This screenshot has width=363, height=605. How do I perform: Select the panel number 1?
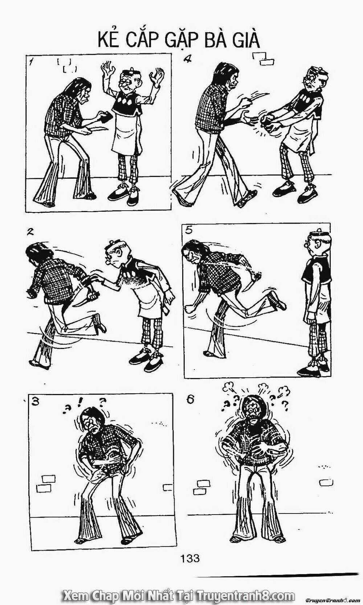click(32, 62)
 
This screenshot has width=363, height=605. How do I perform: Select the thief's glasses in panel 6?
click(253, 418)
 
